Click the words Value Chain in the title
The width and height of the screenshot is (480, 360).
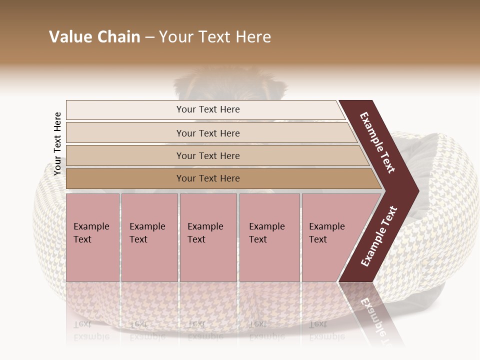click(94, 37)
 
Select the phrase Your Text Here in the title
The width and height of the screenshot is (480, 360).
click(215, 37)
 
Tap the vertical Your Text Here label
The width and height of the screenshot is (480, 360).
click(57, 143)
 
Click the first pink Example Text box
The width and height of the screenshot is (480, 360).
click(92, 237)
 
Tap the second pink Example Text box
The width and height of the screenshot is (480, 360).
click(149, 237)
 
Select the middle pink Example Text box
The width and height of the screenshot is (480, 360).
click(208, 237)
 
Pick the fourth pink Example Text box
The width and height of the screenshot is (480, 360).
click(269, 237)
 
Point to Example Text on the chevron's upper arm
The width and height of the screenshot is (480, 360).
click(377, 142)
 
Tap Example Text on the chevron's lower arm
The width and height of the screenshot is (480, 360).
click(379, 236)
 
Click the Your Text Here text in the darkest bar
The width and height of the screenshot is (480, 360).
click(208, 178)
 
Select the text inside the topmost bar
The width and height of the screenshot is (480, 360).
click(208, 109)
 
